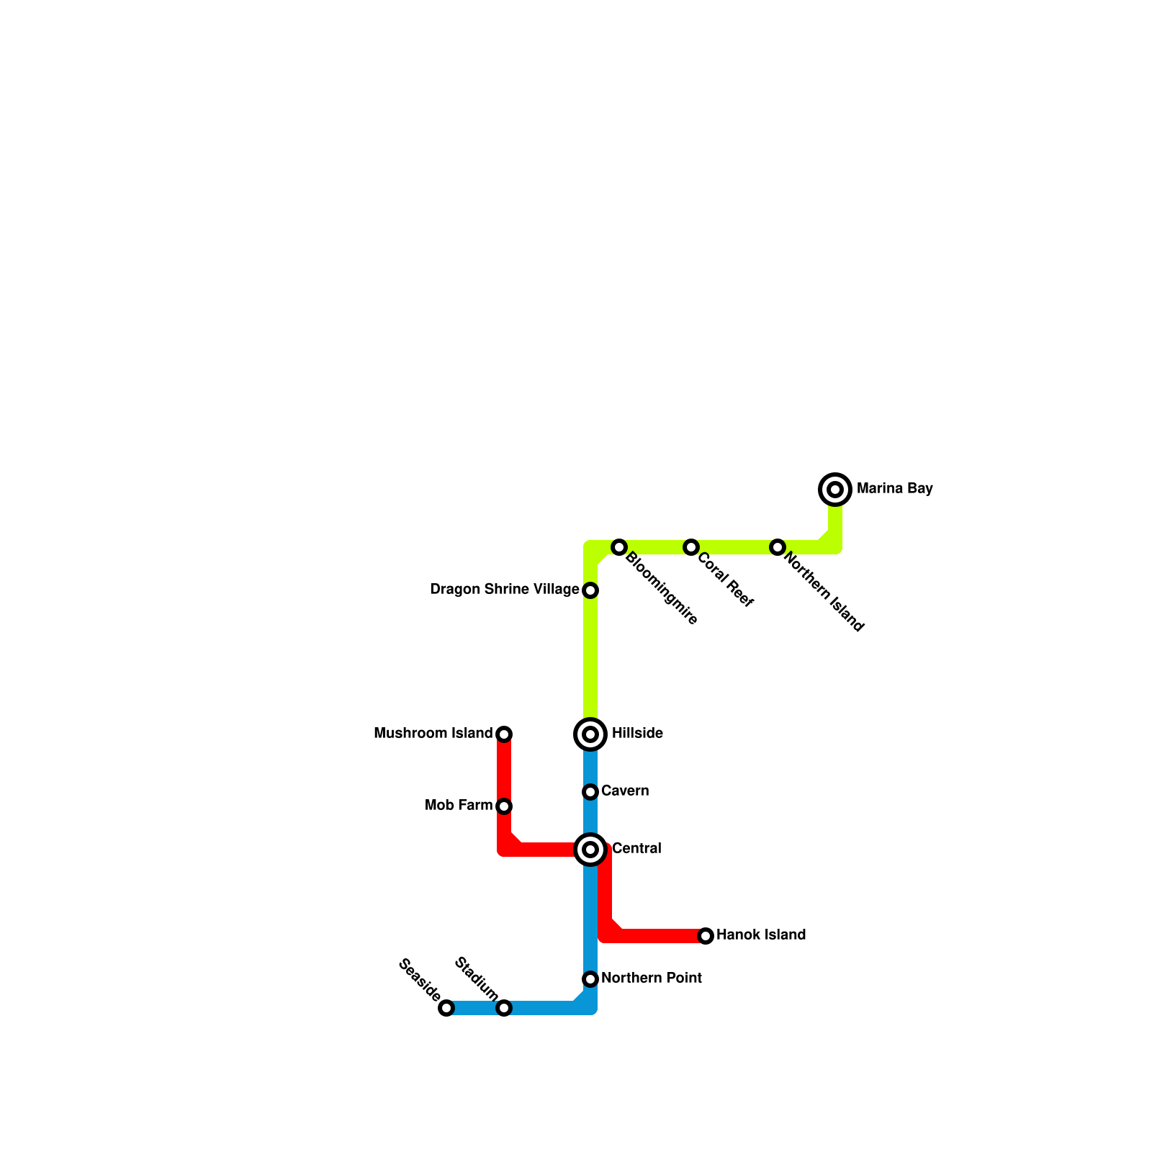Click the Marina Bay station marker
click(835, 490)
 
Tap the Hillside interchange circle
click(590, 734)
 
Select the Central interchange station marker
click(590, 850)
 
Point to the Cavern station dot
click(590, 792)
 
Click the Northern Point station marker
click(590, 979)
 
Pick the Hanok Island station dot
click(706, 936)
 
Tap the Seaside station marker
click(446, 1008)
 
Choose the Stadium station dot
click(504, 1008)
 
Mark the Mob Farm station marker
click(504, 806)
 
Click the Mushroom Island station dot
click(504, 734)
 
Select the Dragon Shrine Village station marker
click(590, 590)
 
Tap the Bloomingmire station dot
click(619, 547)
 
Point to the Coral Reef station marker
click(691, 547)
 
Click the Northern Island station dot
click(777, 547)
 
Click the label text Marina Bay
click(894, 489)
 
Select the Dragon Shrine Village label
click(504, 590)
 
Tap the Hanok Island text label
click(760, 935)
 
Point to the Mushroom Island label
click(433, 734)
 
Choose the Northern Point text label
click(651, 978)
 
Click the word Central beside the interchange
click(636, 849)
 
